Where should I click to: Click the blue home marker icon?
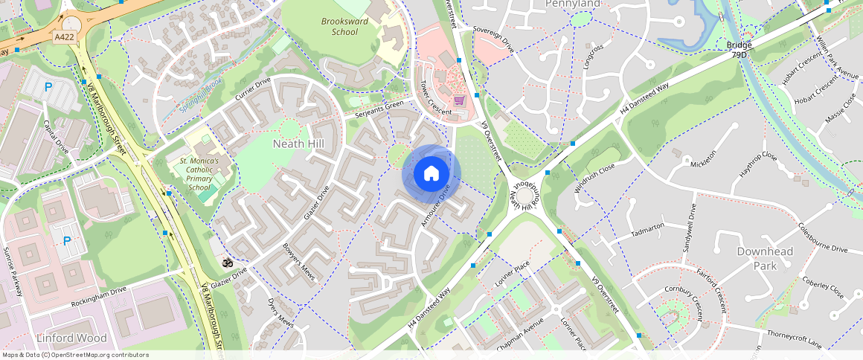[x=431, y=174]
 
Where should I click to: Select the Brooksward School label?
[x=344, y=27]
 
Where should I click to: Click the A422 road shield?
[x=65, y=35]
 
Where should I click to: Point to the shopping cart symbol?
[x=459, y=100]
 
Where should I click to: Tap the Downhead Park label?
[x=764, y=258]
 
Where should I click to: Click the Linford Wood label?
[x=71, y=338]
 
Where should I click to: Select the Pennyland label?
[x=572, y=4]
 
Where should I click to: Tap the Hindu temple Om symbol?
[x=228, y=263]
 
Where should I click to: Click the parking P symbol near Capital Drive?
[x=48, y=87]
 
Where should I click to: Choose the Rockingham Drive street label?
[x=99, y=296]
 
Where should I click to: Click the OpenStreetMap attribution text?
[x=74, y=355]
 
